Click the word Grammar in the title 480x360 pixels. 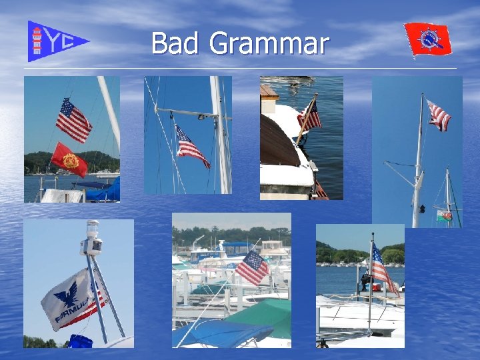(269, 45)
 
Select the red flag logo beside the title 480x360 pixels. (428, 39)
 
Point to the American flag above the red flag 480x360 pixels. (73, 120)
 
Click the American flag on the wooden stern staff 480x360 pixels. (310, 114)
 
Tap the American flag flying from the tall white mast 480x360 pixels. (439, 115)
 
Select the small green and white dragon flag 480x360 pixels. (443, 215)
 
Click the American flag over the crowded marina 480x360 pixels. (252, 267)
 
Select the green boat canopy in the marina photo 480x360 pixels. (263, 317)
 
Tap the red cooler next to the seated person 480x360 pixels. (377, 287)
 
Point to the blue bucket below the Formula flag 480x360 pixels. (80, 341)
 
